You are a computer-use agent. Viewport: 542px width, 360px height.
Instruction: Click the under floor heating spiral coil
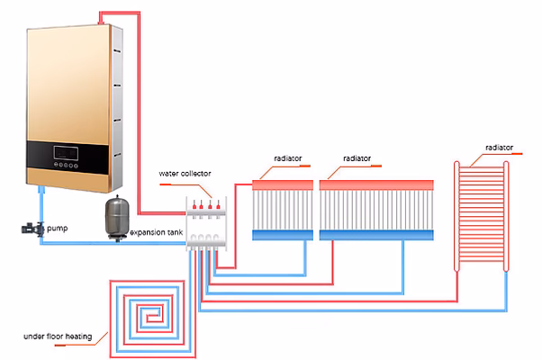pyautogui.click(x=148, y=316)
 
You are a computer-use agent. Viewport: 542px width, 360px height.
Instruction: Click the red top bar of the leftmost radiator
pyautogui.click(x=282, y=184)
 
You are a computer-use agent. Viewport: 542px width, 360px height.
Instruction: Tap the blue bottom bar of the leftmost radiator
pyautogui.click(x=282, y=235)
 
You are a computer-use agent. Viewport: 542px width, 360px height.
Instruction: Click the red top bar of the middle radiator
pyautogui.click(x=377, y=184)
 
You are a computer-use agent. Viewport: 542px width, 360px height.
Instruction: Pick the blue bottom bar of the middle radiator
pyautogui.click(x=377, y=235)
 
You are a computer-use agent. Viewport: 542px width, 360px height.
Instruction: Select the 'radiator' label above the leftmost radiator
pyautogui.click(x=290, y=158)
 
